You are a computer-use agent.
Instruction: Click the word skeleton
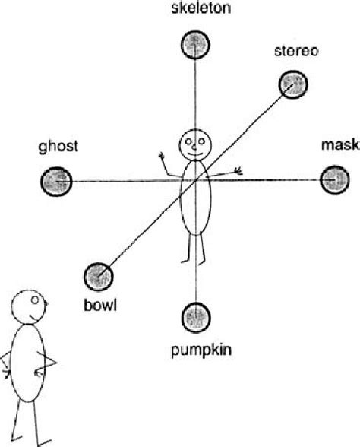click(195, 9)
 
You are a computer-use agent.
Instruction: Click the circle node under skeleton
click(195, 47)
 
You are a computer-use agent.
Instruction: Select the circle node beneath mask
click(333, 180)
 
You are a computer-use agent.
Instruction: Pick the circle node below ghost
click(56, 181)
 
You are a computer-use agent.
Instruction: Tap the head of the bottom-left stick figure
click(27, 306)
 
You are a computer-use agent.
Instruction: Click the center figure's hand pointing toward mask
click(238, 171)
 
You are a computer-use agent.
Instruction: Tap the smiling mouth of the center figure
click(196, 151)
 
